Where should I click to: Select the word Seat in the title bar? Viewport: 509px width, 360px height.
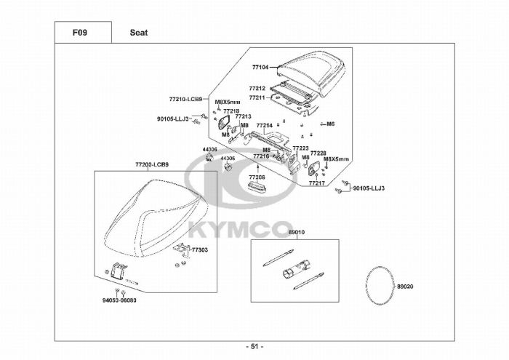point(139,32)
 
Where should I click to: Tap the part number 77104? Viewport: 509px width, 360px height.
point(260,67)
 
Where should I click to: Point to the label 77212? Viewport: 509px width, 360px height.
point(257,89)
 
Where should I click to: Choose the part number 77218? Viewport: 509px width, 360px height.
point(232,111)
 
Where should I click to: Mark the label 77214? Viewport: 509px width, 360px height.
point(263,125)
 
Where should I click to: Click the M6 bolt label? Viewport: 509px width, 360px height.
point(330,124)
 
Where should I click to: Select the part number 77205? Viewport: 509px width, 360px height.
point(257,177)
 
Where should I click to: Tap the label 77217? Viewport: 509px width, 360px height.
point(316,183)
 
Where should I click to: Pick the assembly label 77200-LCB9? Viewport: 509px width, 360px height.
point(151,164)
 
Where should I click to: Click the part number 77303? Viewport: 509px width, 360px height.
point(200,249)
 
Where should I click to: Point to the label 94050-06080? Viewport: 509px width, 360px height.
point(119,300)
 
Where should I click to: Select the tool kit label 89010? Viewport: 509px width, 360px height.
point(296,233)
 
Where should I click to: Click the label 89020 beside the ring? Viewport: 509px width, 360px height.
point(405,286)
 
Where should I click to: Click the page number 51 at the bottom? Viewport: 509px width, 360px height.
point(255,346)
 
